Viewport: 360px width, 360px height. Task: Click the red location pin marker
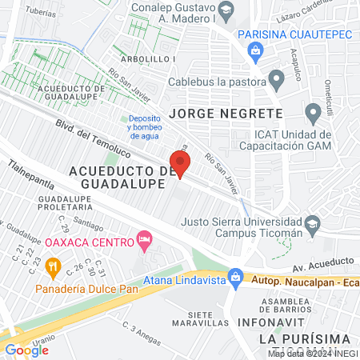[181, 163]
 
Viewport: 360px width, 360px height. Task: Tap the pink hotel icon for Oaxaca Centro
[145, 239]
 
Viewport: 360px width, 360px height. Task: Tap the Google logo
[26, 350]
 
